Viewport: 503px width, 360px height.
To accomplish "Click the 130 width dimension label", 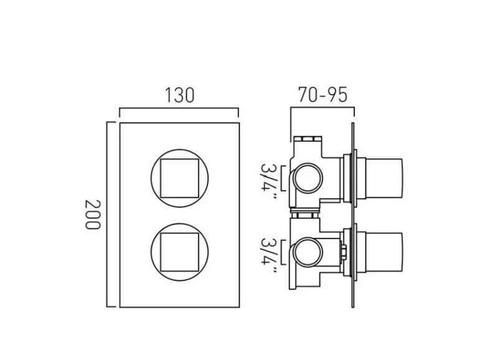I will [179, 95].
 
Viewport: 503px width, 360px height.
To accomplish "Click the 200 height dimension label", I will [93, 214].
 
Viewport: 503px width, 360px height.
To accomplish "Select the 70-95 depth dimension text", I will [322, 95].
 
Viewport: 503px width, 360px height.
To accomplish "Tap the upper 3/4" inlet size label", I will [269, 177].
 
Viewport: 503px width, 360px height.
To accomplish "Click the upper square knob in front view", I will [179, 176].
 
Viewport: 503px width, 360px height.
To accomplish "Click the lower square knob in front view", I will [179, 251].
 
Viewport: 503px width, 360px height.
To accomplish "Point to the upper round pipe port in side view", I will [307, 178].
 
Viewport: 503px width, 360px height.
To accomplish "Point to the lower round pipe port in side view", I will [307, 253].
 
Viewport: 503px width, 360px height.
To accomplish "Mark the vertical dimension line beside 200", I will [108, 214].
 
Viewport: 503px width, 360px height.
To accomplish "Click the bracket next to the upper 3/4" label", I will [284, 178].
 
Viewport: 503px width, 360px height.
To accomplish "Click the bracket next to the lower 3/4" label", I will [284, 253].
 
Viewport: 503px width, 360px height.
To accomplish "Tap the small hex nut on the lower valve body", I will [344, 253].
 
